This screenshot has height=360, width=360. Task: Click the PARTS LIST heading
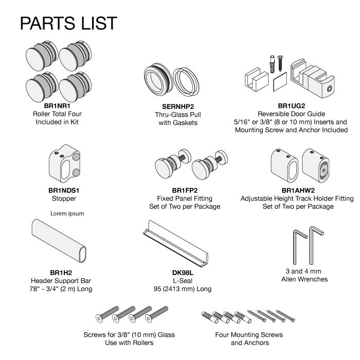tap(68, 23)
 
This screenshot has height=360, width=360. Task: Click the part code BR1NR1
tap(57, 106)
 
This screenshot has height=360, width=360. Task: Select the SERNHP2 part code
tap(178, 106)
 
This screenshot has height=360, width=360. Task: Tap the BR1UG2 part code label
tap(292, 106)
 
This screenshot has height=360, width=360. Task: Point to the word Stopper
tap(64, 199)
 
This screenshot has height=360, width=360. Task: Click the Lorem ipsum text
tap(67, 213)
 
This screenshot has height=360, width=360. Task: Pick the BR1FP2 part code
tap(185, 190)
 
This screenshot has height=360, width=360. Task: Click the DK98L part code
tap(183, 273)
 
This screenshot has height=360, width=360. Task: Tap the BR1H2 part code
tap(61, 273)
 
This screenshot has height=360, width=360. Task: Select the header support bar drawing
tap(59, 241)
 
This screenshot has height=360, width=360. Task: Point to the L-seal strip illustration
tap(175, 244)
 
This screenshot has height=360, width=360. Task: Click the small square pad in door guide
tap(280, 81)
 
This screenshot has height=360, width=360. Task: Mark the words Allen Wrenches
tap(304, 279)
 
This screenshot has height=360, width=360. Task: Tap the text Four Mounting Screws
tap(249, 335)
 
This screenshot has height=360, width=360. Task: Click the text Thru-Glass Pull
tap(178, 115)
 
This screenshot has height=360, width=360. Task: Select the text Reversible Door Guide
tap(292, 114)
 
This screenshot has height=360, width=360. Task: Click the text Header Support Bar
tap(61, 281)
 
